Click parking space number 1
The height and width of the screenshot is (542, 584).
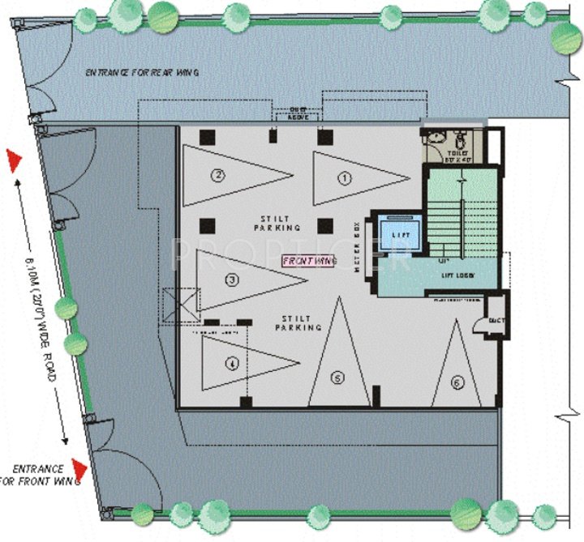[345, 175]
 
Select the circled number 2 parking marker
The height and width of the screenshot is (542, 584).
[217, 174]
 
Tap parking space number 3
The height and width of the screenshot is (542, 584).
[232, 280]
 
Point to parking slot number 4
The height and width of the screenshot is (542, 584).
[232, 364]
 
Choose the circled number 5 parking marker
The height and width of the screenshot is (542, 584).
[337, 377]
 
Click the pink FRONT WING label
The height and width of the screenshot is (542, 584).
[309, 261]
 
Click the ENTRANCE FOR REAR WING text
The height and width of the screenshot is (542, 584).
[143, 73]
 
